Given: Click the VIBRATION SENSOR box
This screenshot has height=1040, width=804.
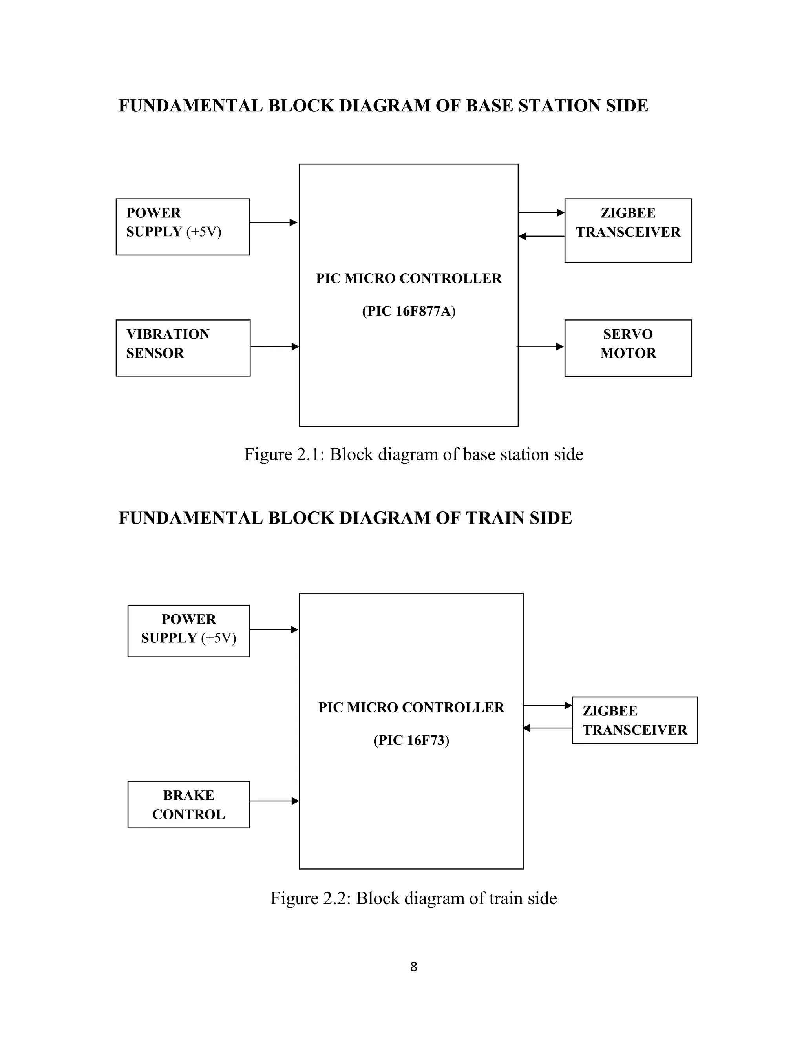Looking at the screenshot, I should [183, 348].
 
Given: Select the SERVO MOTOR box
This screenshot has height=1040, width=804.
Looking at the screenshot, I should [628, 348].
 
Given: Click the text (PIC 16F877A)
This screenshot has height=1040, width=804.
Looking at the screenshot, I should [409, 311].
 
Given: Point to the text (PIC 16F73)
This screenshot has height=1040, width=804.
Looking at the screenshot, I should [411, 740].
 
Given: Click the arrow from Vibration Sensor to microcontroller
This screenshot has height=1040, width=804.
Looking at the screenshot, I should [274, 347].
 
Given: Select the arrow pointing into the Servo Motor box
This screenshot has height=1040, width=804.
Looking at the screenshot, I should [541, 347].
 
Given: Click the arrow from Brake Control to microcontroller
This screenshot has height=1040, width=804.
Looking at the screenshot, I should [274, 801].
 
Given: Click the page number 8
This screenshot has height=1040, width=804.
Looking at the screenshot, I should [413, 967].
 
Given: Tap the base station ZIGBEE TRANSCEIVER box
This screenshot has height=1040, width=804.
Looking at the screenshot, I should [628, 230].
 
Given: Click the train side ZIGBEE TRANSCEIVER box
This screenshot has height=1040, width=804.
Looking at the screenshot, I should [634, 720].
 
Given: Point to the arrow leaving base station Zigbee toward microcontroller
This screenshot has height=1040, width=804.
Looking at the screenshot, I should [541, 236].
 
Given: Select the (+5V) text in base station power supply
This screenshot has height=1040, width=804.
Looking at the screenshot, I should [204, 232].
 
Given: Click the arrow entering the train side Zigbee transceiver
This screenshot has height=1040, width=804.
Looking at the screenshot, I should [547, 705].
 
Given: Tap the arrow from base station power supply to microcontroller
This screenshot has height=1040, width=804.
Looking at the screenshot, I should [273, 223].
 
